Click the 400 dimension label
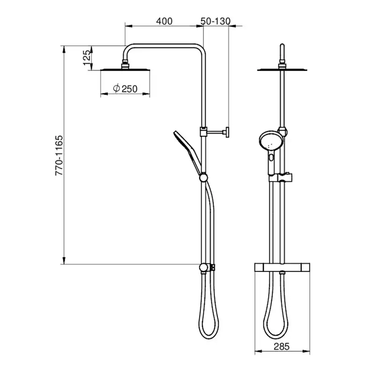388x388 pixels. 164,21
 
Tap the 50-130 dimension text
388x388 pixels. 216,21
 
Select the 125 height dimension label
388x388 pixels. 87,58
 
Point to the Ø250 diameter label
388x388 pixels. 125,89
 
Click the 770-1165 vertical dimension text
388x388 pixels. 59,156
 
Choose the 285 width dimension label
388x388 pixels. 282,347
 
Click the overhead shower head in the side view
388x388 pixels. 125,69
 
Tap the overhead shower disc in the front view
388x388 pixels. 282,69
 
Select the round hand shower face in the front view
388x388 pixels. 269,142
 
